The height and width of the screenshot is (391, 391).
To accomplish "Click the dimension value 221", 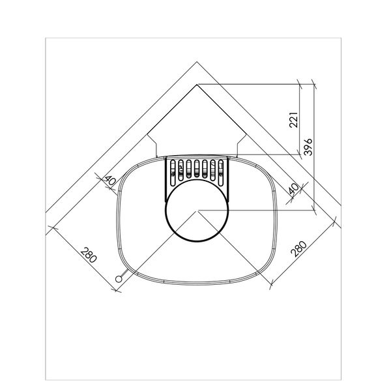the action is (293, 120).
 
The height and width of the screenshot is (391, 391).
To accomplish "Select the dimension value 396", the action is (308, 147).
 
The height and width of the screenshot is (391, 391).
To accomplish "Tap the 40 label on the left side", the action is (109, 180).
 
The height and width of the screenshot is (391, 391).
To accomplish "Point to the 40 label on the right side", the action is (294, 189).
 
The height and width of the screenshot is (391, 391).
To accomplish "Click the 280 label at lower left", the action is (89, 255).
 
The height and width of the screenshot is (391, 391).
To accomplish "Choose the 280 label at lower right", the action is (298, 249).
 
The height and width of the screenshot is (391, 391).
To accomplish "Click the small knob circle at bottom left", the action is (119, 279).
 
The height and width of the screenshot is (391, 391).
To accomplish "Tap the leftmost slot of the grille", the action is (173, 173).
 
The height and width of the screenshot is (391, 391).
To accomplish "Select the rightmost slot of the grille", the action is (221, 173).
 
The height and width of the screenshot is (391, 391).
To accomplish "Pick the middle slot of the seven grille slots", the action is (197, 169).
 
